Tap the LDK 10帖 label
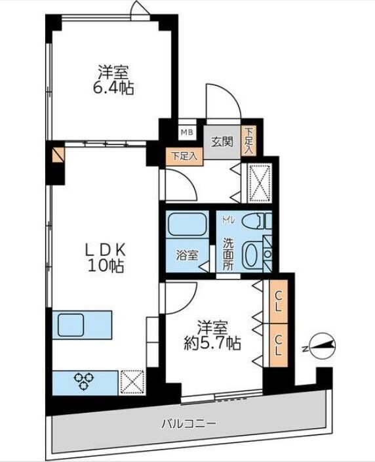tap(106, 258)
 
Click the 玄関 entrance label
tap(222, 141)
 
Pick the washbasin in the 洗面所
tap(252, 255)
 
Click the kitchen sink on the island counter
tap(71, 324)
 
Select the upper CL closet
tap(278, 303)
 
